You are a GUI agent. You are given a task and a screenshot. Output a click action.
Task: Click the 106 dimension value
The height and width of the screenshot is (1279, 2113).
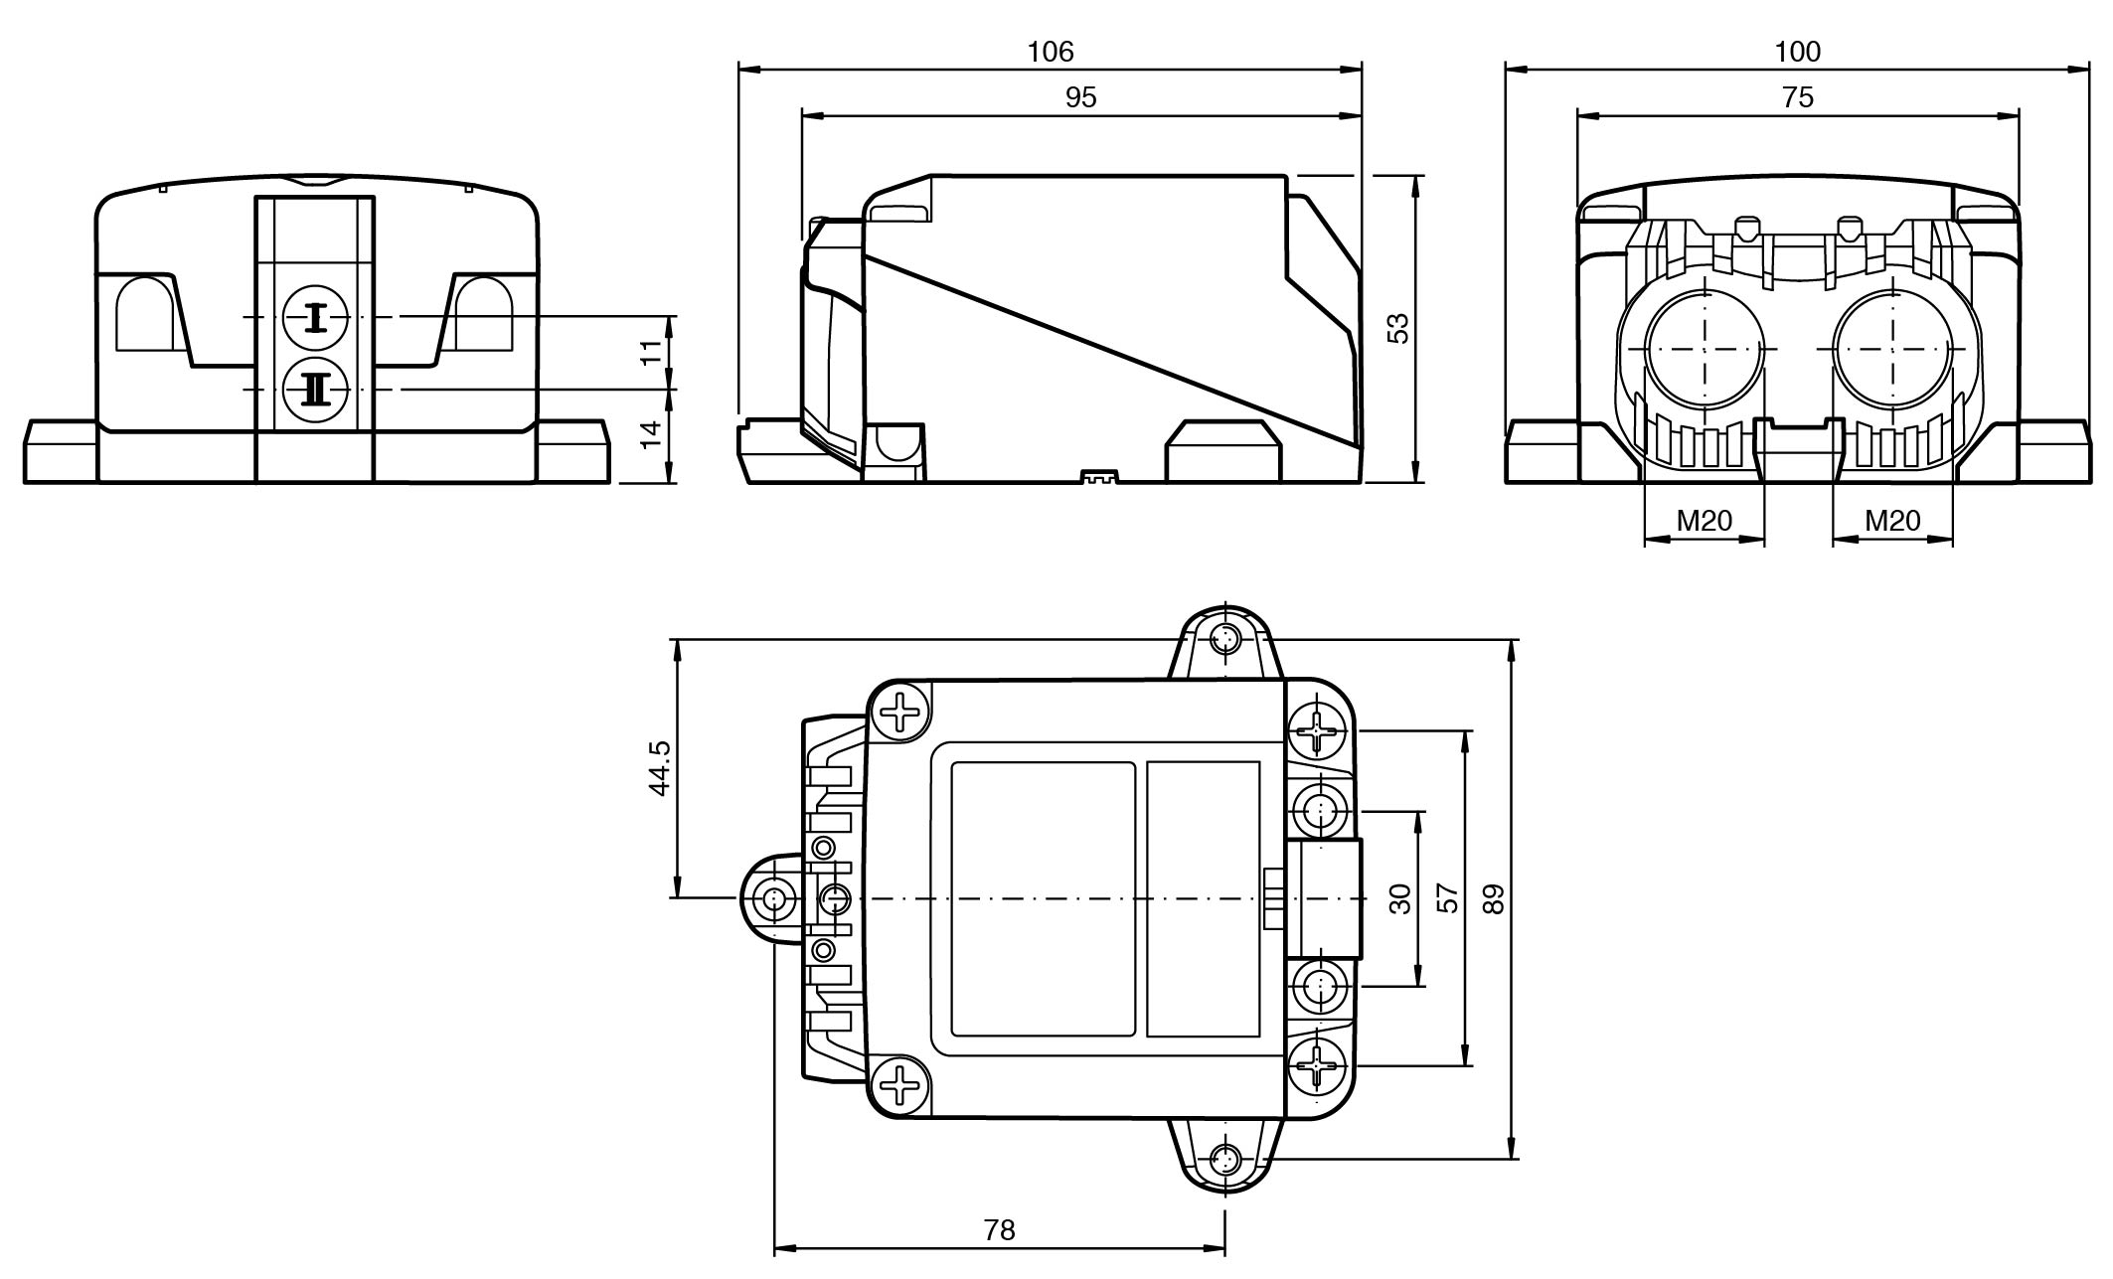(1051, 52)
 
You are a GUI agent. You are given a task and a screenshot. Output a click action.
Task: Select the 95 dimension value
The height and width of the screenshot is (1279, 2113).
(1080, 97)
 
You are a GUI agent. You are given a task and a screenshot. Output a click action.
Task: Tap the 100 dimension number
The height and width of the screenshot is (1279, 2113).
(1797, 52)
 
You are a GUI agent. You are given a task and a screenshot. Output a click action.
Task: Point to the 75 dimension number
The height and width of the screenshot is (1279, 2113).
(1798, 97)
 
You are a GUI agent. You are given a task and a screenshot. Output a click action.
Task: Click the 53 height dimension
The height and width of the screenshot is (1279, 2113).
(1397, 328)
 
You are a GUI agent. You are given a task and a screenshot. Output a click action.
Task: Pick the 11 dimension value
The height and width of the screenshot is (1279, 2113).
(651, 353)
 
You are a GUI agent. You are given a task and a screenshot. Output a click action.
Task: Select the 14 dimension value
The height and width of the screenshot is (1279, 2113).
(651, 434)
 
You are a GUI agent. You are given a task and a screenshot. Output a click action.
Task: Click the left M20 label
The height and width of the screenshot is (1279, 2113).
(1704, 520)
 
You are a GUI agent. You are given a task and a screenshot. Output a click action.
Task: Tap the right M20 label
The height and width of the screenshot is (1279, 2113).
(1891, 520)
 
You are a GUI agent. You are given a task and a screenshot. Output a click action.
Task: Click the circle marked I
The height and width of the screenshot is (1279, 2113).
(316, 318)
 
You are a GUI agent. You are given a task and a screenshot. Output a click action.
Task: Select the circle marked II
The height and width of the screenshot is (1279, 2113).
(316, 389)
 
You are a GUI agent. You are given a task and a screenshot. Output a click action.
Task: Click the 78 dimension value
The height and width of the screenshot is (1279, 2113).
(999, 1230)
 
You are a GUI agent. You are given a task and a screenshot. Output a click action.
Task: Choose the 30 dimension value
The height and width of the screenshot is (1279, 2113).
(1400, 898)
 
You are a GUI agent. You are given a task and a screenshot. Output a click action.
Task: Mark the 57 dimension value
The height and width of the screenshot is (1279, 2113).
(1449, 898)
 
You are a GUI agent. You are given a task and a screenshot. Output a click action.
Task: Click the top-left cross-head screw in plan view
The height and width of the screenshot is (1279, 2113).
(901, 712)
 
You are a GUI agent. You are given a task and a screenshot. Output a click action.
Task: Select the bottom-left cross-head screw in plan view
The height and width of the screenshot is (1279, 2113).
(901, 1085)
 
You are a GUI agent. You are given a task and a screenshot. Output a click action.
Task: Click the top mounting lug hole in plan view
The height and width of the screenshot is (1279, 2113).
(1226, 636)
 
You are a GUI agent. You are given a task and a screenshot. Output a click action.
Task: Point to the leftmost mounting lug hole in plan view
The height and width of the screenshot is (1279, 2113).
(773, 899)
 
